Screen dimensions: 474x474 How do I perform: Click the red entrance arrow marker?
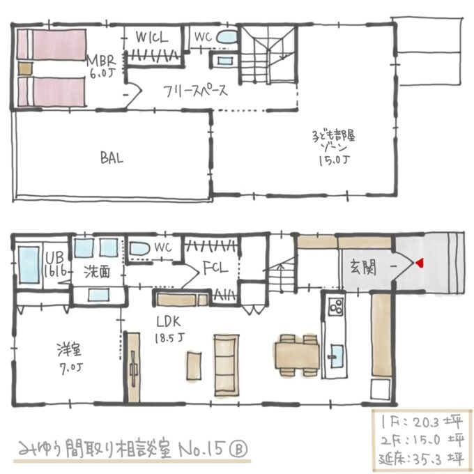coord(420,263)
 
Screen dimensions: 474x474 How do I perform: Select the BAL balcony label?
coord(111,158)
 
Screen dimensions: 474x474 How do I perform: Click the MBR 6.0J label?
coord(100,64)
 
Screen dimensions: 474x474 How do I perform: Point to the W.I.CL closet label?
coord(151,38)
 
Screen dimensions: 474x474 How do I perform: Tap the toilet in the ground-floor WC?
coord(138,248)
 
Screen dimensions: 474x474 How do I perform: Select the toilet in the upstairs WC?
coord(227,37)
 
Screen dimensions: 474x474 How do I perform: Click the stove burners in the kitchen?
coord(335,307)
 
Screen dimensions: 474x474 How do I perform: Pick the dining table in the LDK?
coord(296,355)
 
